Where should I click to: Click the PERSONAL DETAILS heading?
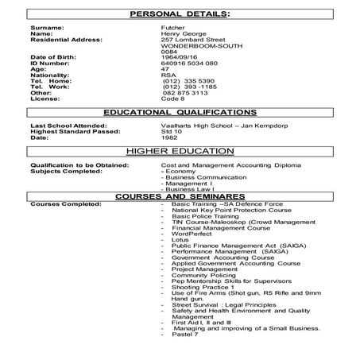click(180, 14)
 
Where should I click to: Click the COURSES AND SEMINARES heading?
click(180, 195)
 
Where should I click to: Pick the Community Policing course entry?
click(206, 274)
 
